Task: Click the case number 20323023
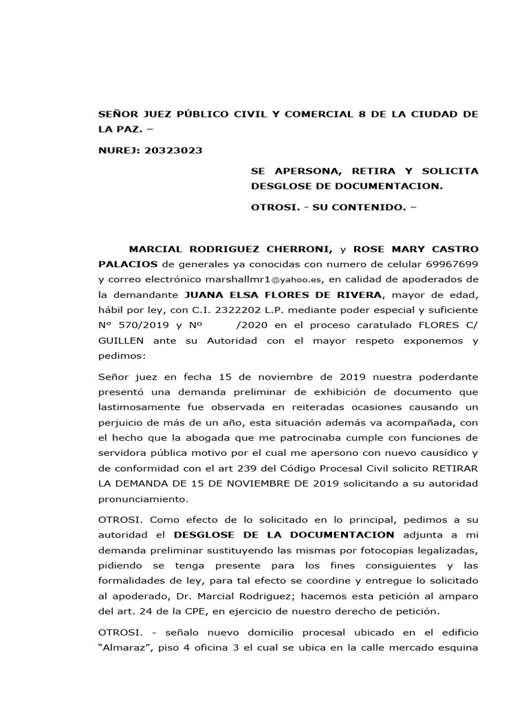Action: click(173, 150)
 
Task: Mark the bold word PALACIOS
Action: click(129, 264)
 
